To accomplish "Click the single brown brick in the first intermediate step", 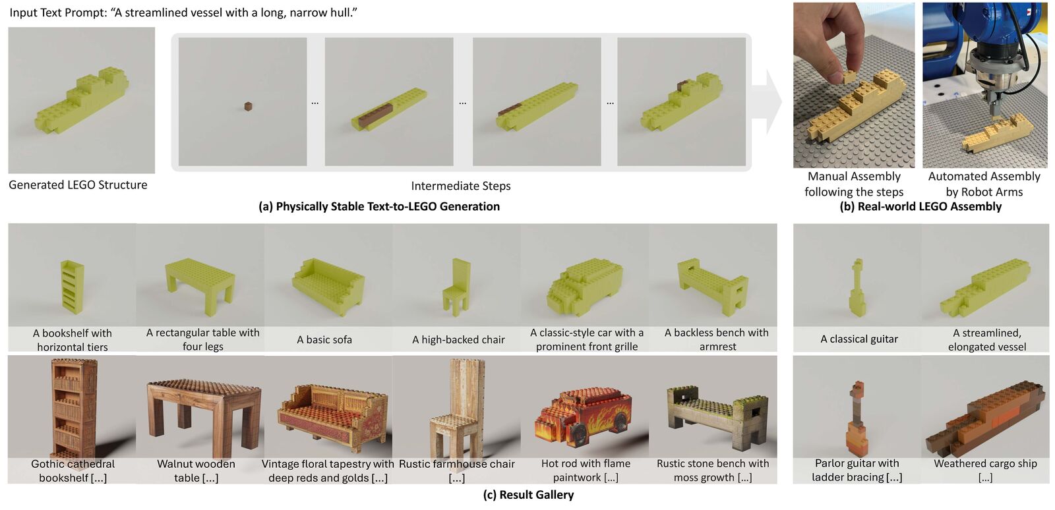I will pyautogui.click(x=248, y=105).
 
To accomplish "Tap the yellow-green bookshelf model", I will pyautogui.click(x=72, y=286).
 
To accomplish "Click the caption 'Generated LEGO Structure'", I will pyautogui.click(x=78, y=185).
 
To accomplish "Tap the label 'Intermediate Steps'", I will pyautogui.click(x=461, y=186).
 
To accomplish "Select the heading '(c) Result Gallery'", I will pyautogui.click(x=528, y=495).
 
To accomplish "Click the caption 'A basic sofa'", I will pyautogui.click(x=324, y=340).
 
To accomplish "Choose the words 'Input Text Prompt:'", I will pyautogui.click(x=57, y=13).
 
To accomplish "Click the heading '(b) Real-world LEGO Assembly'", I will pyautogui.click(x=920, y=206).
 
